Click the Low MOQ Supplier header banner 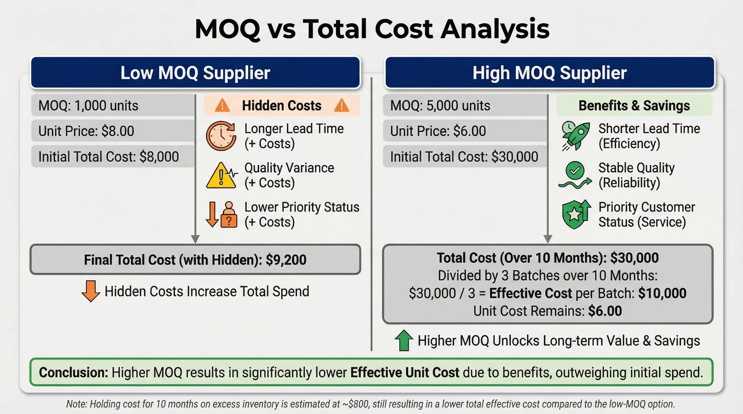195,73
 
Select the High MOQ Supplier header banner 549,73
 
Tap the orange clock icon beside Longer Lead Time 221,136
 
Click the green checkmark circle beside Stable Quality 575,170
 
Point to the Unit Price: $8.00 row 113,131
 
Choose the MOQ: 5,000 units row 464,105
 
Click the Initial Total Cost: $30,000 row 464,157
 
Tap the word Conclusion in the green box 73,372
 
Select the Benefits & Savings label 634,105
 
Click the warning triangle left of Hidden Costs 222,105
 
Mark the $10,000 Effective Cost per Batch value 662,293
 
